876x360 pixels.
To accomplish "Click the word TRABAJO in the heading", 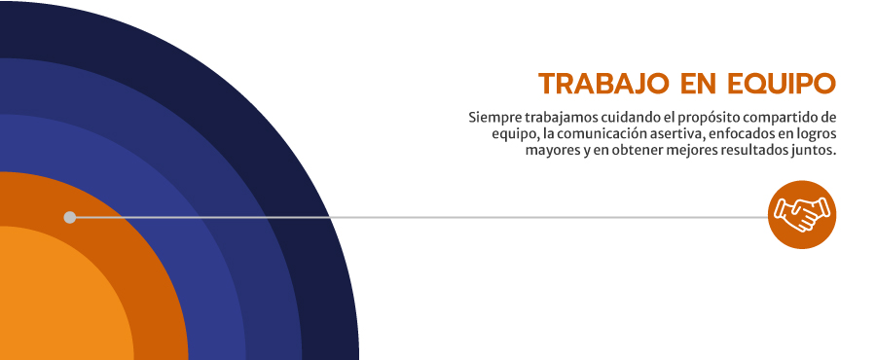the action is coord(603,84).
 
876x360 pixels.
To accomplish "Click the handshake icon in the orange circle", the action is coord(802,215).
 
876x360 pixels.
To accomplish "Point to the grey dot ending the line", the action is coord(70,217).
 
